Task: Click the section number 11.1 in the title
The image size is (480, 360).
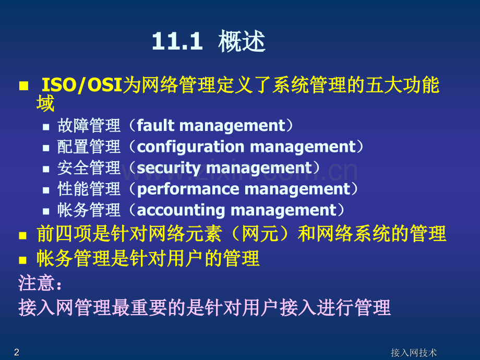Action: pyautogui.click(x=177, y=42)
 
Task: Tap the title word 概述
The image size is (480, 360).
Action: pyautogui.click(x=242, y=42)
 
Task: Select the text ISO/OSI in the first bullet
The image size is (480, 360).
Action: pyautogui.click(x=81, y=85)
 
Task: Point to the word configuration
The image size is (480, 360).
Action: pyautogui.click(x=190, y=147)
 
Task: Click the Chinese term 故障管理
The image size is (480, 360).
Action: pyautogui.click(x=89, y=126)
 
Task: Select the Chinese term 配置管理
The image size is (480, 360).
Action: pyautogui.click(x=89, y=147)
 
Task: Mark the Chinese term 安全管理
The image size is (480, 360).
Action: pyautogui.click(x=89, y=168)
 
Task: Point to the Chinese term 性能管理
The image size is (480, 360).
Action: pyautogui.click(x=89, y=189)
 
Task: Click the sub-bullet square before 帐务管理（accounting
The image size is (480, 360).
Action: pyautogui.click(x=46, y=211)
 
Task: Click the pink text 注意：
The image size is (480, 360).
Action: pyautogui.click(x=40, y=283)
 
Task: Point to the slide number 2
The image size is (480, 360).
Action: pyautogui.click(x=17, y=352)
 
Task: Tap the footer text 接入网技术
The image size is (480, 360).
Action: pyautogui.click(x=414, y=353)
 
